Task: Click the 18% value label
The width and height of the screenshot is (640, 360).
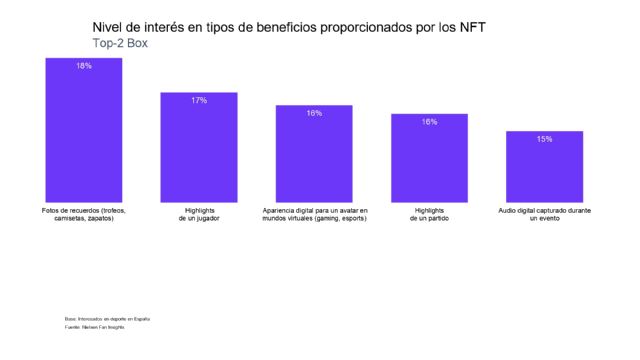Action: coord(84,66)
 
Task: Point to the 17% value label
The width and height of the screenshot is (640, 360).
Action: coord(199,100)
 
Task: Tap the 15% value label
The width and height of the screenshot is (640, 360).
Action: coord(544,139)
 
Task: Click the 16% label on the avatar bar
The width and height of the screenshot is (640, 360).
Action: coord(314,113)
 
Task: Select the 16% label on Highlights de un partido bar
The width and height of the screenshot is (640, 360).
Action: coord(429,122)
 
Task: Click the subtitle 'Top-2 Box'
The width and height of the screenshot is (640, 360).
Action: coord(120,44)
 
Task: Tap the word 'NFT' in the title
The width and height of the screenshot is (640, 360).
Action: coord(469,27)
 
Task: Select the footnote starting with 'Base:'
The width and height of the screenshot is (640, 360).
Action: coord(107,318)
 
